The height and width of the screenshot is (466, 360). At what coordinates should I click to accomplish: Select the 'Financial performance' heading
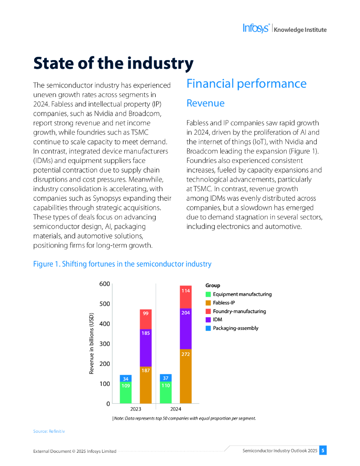click(x=246, y=84)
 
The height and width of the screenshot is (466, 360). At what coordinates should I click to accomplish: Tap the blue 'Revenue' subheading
click(x=205, y=103)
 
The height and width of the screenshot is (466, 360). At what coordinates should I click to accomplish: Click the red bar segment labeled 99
click(x=146, y=319)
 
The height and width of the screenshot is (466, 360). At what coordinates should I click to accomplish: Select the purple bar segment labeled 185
click(x=146, y=348)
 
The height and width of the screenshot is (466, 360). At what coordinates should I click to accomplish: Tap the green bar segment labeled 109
click(x=126, y=393)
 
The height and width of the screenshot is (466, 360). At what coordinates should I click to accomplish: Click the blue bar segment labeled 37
click(x=166, y=378)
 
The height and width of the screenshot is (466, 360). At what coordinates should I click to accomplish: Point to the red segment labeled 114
click(x=186, y=297)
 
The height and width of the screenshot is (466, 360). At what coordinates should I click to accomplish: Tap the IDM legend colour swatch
click(x=208, y=319)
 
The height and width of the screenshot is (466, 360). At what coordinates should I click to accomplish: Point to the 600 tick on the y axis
click(x=105, y=284)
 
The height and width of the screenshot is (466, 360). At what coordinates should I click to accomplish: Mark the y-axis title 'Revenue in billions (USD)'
click(x=91, y=344)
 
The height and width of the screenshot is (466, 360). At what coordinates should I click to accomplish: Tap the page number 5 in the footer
click(x=323, y=451)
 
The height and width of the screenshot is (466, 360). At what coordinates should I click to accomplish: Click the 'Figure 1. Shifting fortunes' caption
click(x=122, y=264)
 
